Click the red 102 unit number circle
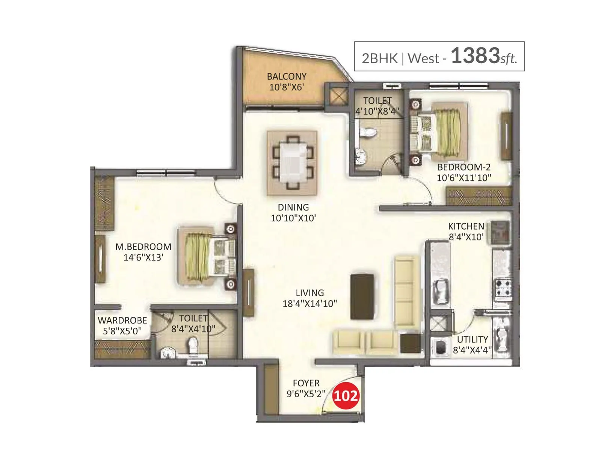[345, 396]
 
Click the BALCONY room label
[287, 76]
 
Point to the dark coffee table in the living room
[362, 297]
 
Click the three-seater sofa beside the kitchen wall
[407, 291]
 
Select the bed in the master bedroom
[207, 256]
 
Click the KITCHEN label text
[466, 226]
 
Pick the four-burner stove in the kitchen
[503, 288]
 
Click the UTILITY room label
[472, 339]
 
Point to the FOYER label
[306, 383]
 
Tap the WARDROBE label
[122, 320]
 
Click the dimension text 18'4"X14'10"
[310, 304]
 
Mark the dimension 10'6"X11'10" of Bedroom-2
[464, 178]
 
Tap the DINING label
[293, 207]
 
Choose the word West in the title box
[423, 58]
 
